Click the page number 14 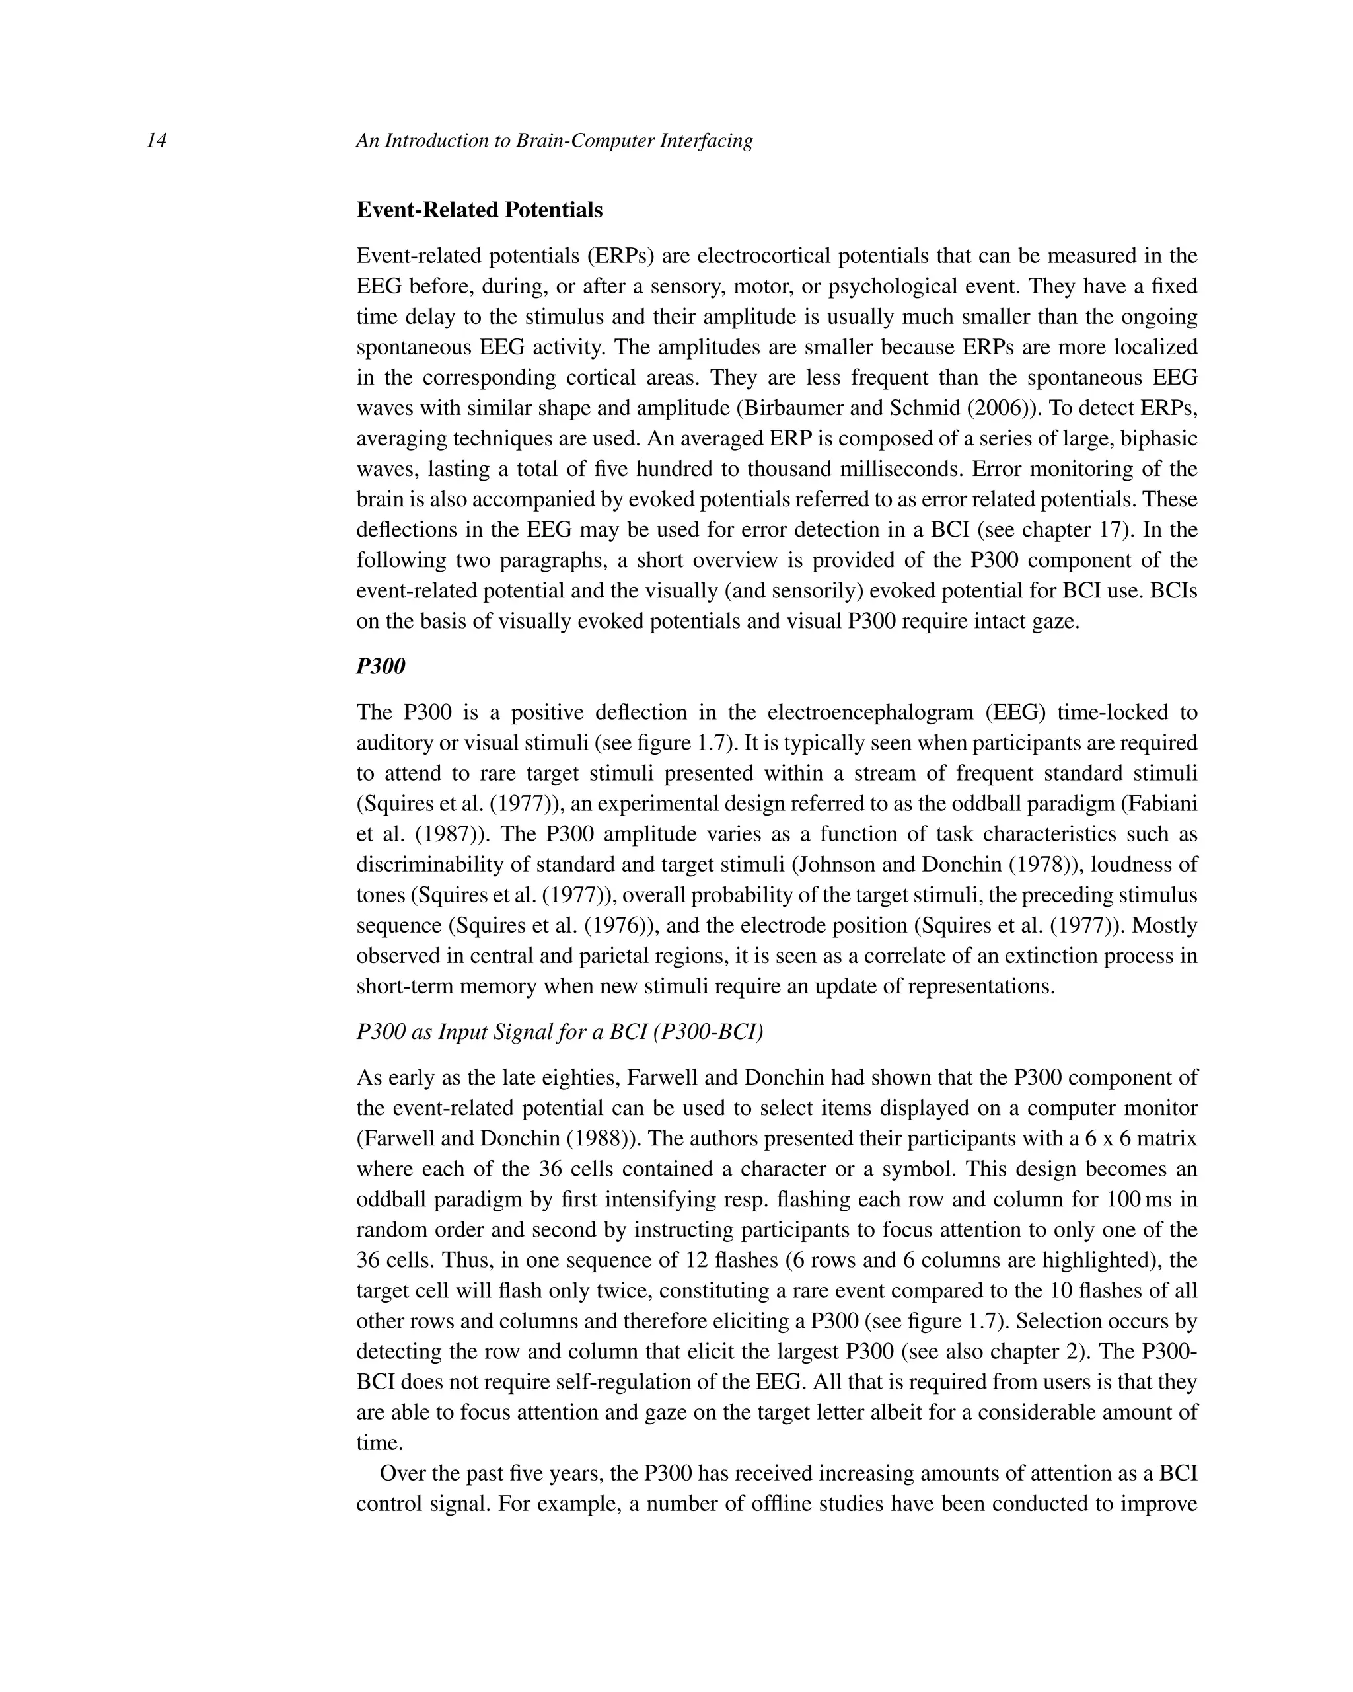click(x=156, y=141)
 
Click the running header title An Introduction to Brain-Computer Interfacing click(x=554, y=141)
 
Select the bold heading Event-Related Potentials click(x=479, y=210)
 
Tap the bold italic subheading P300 click(x=381, y=666)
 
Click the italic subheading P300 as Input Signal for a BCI click(x=560, y=1032)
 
